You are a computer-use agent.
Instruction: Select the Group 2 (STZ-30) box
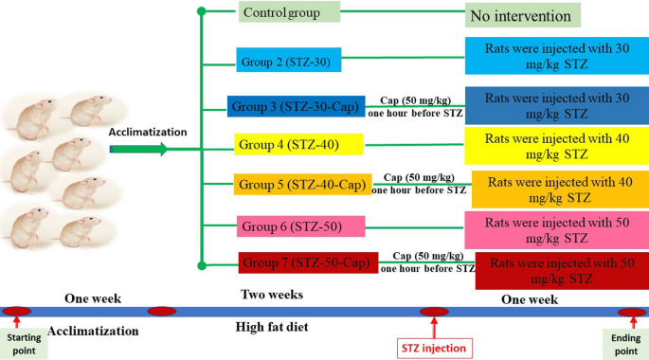(x=285, y=62)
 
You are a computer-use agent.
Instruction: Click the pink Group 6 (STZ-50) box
(x=290, y=225)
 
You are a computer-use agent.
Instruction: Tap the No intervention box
(x=522, y=16)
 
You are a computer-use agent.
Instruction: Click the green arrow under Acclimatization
(x=138, y=149)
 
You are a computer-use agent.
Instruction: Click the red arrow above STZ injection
(x=435, y=328)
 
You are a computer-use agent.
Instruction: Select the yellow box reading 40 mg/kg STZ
(x=555, y=146)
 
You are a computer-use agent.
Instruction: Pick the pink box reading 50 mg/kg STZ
(x=555, y=227)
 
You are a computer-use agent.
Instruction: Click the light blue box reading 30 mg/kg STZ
(x=555, y=57)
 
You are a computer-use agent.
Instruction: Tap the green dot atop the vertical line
(x=201, y=11)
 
